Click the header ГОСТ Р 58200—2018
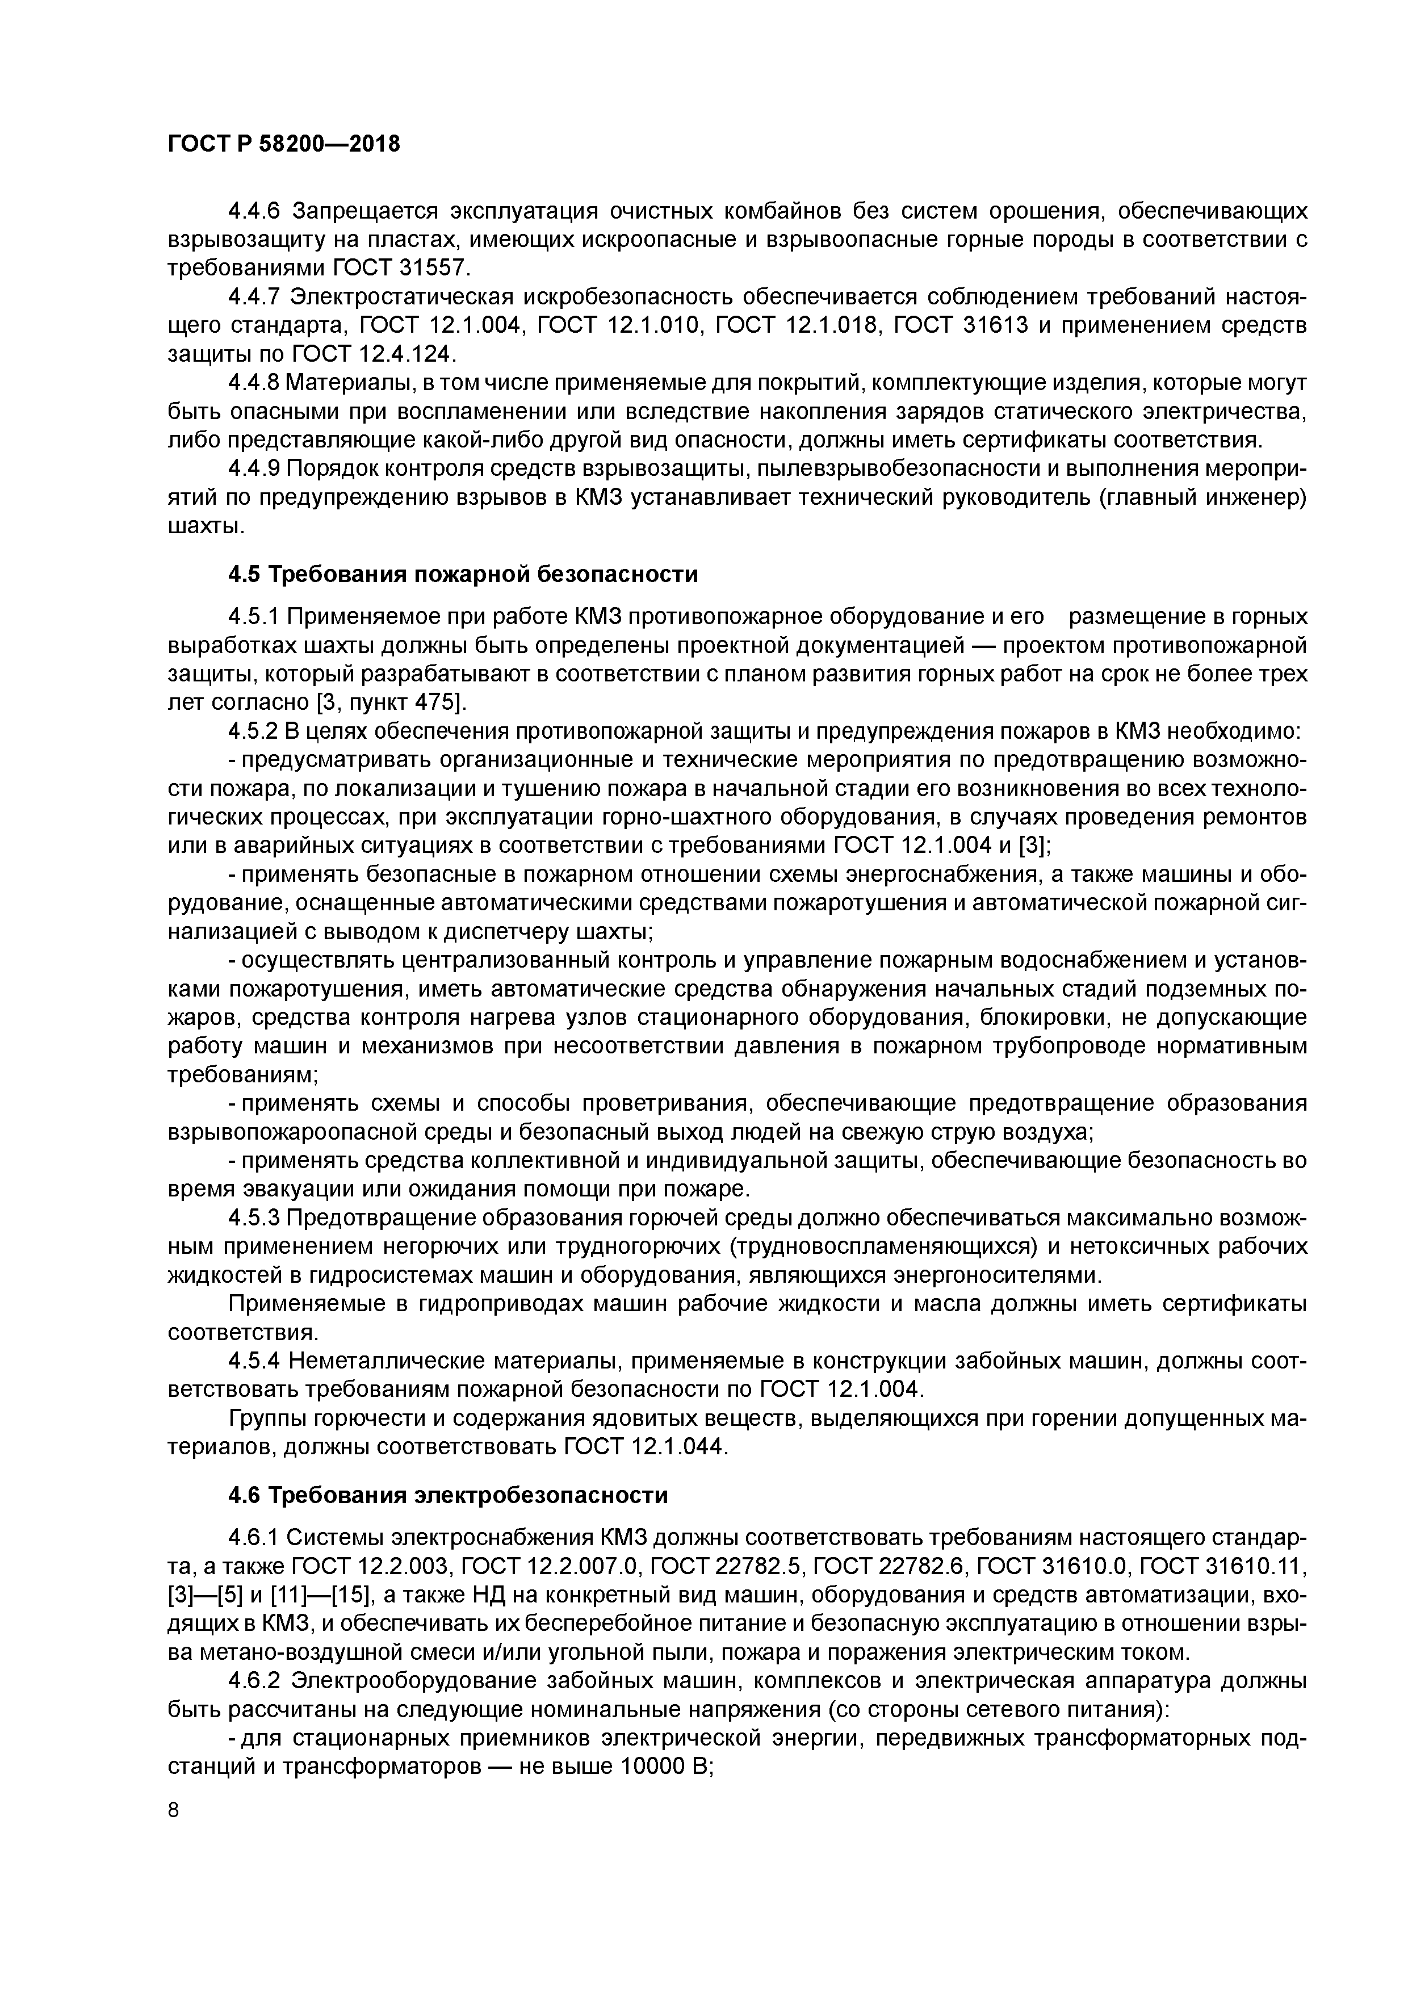click(284, 144)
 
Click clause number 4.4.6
click(256, 212)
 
